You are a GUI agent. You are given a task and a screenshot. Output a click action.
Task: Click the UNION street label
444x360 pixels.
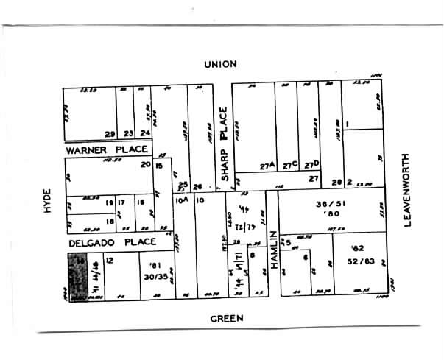tap(220, 64)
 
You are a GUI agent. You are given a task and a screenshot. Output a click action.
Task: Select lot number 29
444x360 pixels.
tap(110, 134)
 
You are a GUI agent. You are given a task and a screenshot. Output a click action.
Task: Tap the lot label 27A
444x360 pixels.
tap(267, 166)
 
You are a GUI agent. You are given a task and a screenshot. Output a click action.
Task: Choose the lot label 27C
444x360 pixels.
tap(289, 166)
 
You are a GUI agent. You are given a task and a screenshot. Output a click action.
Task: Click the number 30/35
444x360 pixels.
tap(156, 275)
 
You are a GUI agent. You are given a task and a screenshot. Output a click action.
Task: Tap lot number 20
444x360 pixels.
tap(146, 164)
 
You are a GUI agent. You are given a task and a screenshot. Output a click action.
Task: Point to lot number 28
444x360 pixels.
tap(336, 182)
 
